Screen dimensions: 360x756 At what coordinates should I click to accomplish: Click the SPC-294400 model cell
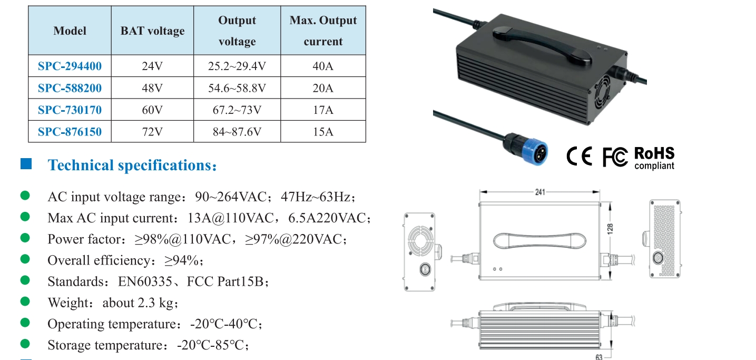point(70,66)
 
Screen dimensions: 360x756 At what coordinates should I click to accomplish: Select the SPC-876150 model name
point(70,132)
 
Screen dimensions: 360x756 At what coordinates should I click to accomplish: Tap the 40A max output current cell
point(323,66)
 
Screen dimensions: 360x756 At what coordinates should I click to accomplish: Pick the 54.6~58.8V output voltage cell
point(237,88)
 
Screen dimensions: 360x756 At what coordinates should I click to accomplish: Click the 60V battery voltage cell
point(152,110)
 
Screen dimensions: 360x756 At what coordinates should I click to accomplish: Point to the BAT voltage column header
point(152,31)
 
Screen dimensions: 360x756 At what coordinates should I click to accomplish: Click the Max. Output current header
point(323,31)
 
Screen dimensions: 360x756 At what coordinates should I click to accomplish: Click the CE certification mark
point(579,157)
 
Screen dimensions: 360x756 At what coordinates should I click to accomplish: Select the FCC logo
point(615,157)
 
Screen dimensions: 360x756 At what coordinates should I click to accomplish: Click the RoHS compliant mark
point(654,158)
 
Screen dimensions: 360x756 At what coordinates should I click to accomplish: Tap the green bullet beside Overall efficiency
point(25,259)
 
